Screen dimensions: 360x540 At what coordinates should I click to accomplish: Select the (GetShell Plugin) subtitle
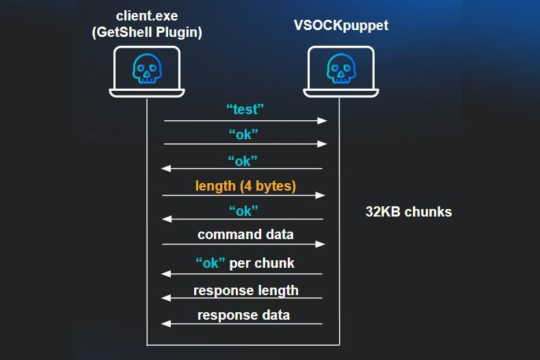(x=146, y=33)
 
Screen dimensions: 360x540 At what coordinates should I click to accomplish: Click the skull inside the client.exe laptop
(x=146, y=69)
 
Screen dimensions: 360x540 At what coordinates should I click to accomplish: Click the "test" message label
(x=245, y=108)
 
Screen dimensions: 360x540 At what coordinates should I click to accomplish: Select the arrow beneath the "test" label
(x=245, y=121)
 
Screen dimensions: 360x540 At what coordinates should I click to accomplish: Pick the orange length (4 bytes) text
(x=245, y=185)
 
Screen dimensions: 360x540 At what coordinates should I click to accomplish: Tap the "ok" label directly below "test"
(x=245, y=134)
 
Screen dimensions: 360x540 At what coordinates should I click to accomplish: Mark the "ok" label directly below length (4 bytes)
(x=244, y=210)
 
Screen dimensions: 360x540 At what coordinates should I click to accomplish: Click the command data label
(x=245, y=235)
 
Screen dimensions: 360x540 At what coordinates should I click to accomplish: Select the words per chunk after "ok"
(x=262, y=263)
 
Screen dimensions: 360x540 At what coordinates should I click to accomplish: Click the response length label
(x=245, y=290)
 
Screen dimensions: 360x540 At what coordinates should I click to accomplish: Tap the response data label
(x=243, y=315)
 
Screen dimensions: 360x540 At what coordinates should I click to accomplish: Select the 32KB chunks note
(x=409, y=212)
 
